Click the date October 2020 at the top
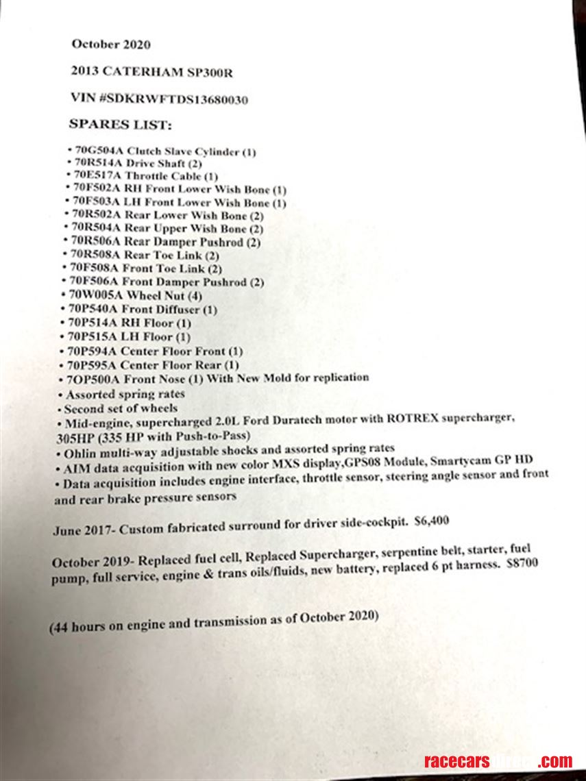pos(111,45)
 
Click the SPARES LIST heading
pos(120,125)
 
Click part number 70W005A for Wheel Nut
pos(95,295)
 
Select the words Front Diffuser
pos(157,310)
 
